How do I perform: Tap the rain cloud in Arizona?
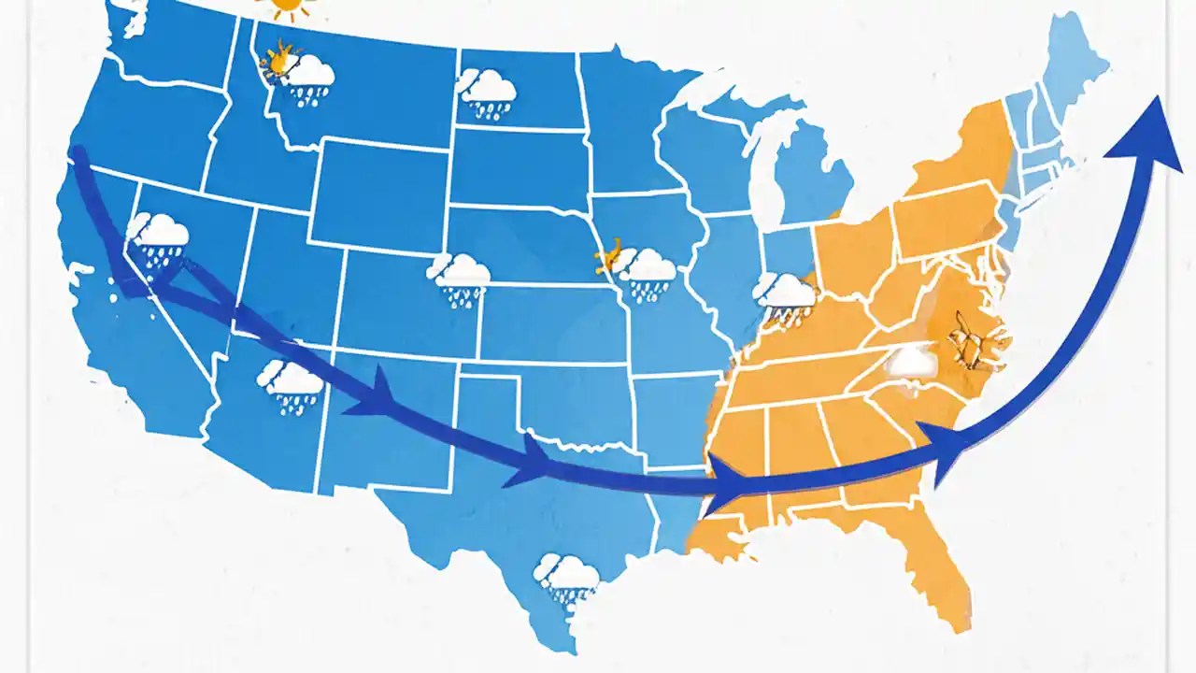point(291,386)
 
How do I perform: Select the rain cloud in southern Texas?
point(568,578)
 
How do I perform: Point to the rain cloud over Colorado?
point(460,278)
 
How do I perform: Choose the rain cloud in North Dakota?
point(487,92)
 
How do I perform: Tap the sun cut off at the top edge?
point(291,7)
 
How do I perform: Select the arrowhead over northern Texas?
point(529,462)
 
